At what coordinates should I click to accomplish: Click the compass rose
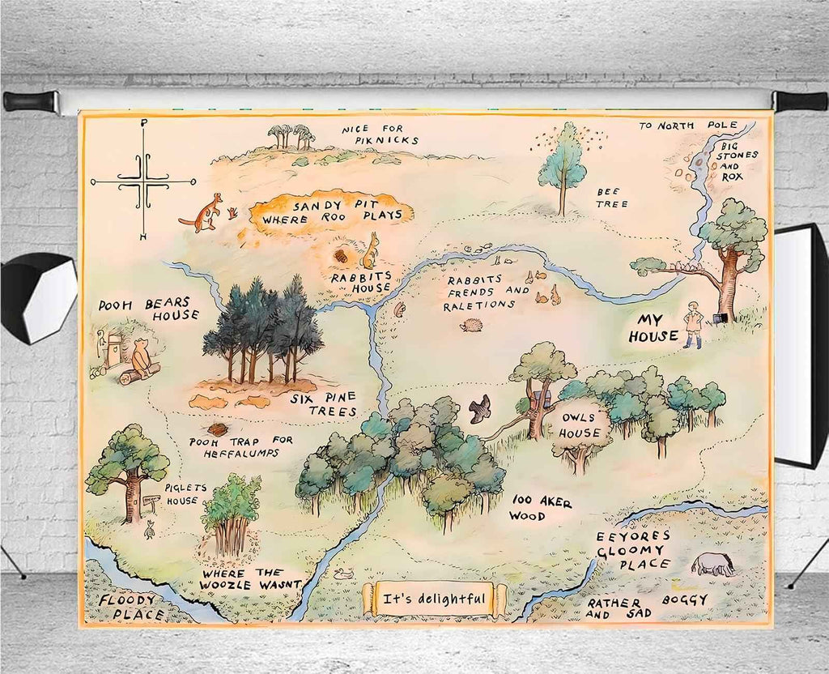coord(143,181)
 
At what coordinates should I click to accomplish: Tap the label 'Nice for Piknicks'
coord(380,134)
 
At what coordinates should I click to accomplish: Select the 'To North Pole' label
coord(687,126)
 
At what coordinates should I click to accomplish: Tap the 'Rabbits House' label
coord(360,281)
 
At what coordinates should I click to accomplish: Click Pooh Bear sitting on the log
coord(142,359)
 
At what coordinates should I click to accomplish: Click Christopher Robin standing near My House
coord(692,325)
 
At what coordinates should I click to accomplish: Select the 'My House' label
coord(657,327)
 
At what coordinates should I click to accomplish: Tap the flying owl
coord(480,408)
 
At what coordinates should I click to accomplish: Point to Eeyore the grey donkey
coord(713,564)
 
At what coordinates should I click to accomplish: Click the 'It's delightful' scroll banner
coord(434,599)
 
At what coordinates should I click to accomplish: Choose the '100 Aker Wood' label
coord(540,509)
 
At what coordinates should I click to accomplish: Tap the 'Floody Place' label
coord(129,607)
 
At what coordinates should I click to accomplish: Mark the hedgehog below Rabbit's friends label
coord(472,326)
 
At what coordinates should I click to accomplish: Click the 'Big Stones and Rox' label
coord(738,160)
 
